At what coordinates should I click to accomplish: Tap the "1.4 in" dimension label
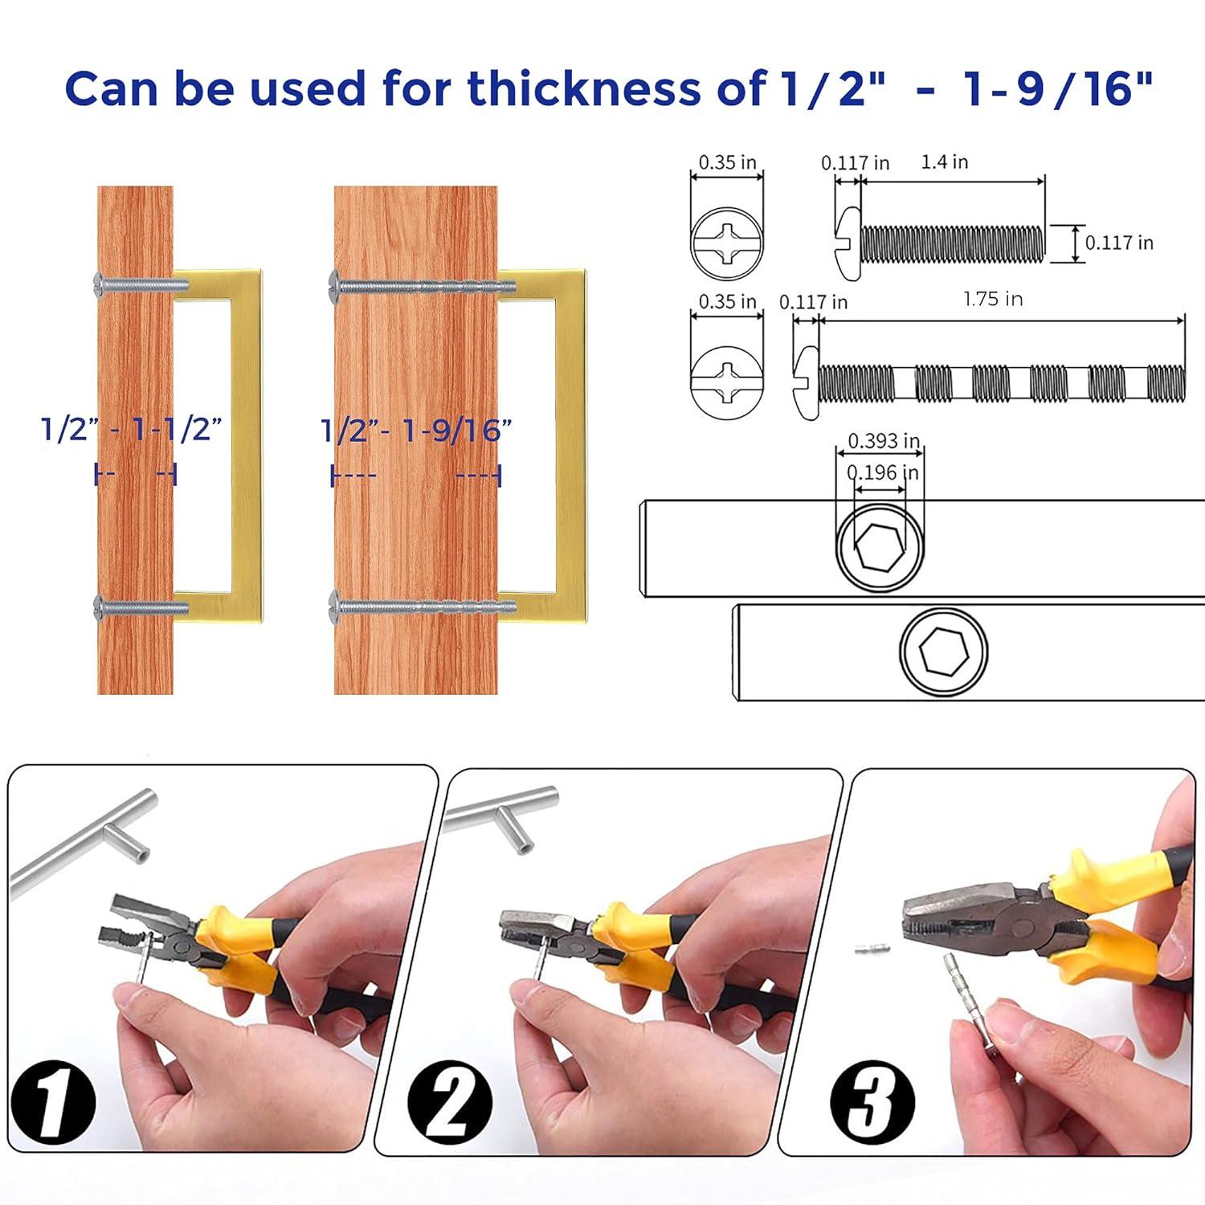pos(944,162)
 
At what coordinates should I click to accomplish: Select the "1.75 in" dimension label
pos(993,300)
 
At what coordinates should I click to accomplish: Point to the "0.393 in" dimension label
pos(884,441)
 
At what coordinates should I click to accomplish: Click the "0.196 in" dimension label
pos(883,472)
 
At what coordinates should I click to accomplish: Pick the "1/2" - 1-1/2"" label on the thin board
pos(131,429)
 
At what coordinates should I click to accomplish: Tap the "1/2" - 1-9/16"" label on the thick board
pos(416,431)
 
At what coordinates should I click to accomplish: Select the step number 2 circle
pos(450,1101)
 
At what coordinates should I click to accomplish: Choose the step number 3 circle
pos(872,1101)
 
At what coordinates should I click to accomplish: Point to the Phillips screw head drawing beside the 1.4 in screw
pos(726,240)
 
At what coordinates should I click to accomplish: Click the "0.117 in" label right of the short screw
pos(1119,243)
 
